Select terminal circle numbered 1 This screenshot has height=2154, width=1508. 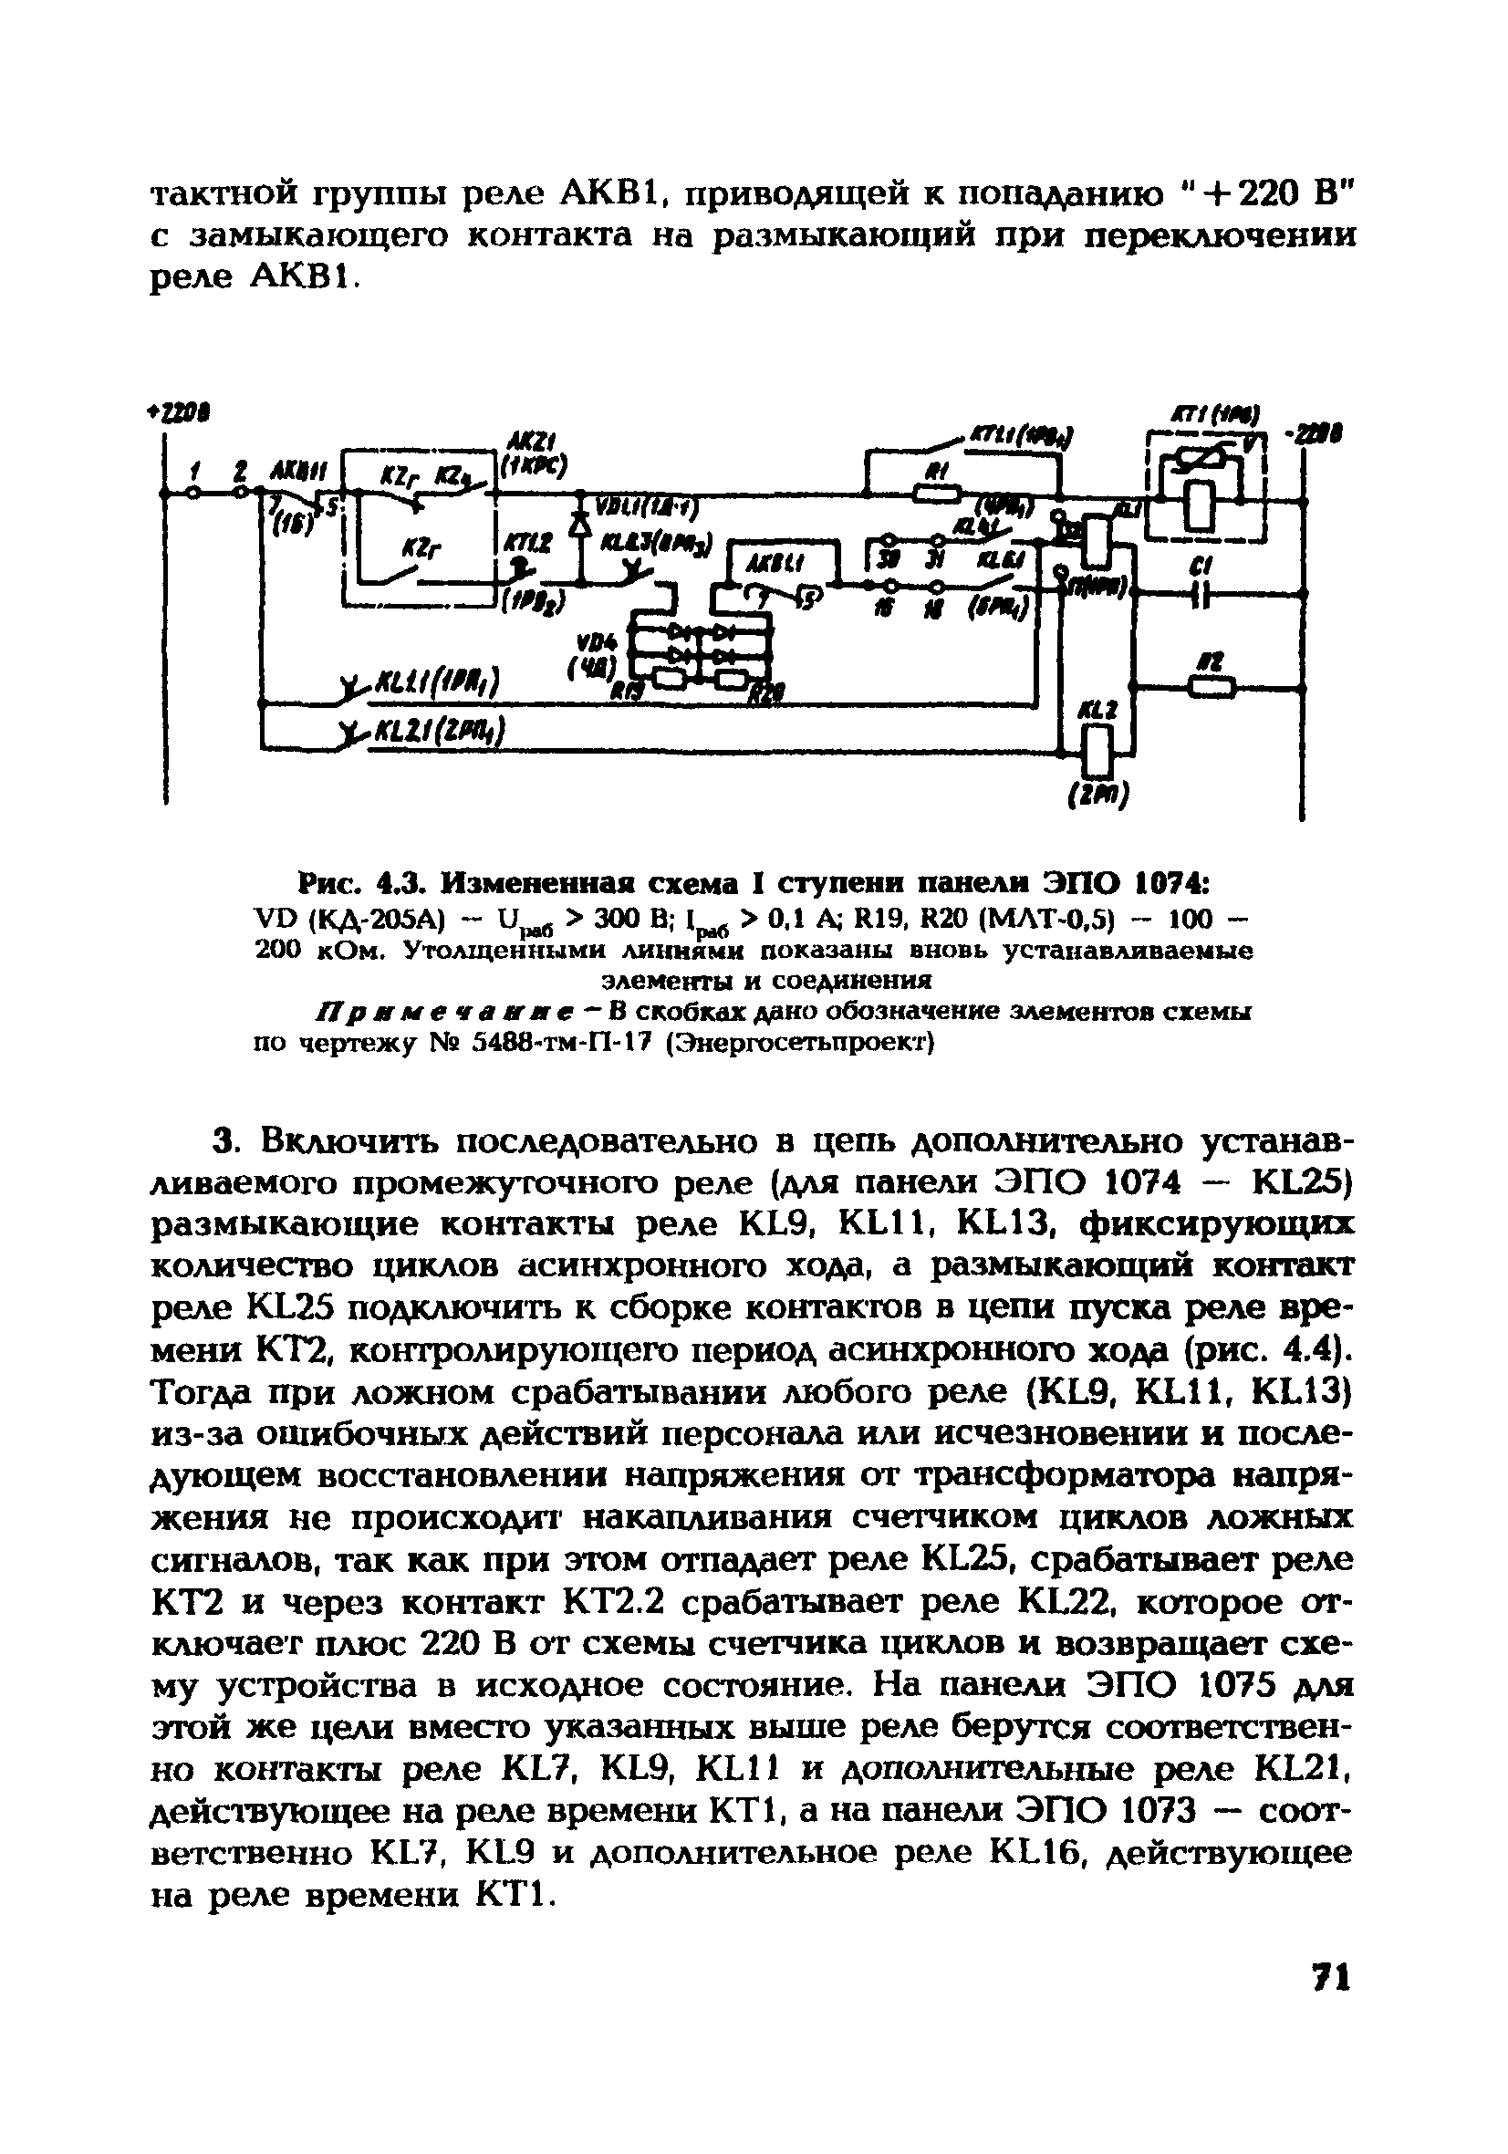point(193,491)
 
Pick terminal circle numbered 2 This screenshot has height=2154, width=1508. point(242,491)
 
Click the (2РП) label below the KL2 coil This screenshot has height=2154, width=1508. point(1097,796)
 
